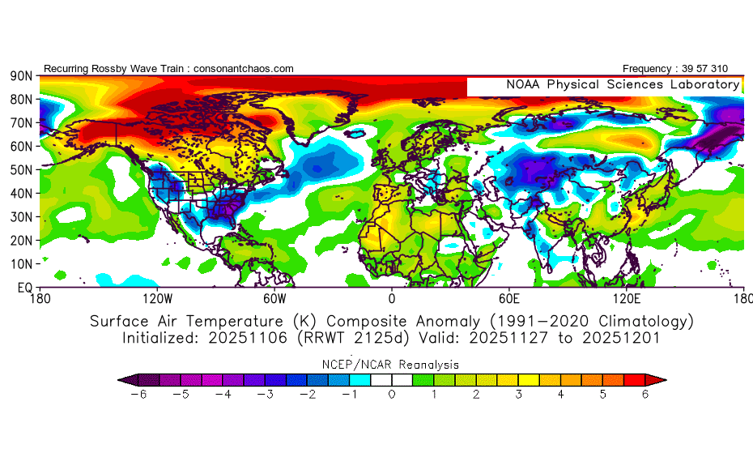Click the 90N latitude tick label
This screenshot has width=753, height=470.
point(20,76)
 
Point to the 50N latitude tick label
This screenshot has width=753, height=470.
point(20,170)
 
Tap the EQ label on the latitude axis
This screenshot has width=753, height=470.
point(23,288)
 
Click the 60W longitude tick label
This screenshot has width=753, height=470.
point(274,297)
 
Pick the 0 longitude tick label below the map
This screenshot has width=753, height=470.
point(392,297)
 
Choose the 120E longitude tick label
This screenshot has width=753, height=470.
point(627,297)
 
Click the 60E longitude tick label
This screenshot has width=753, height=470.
point(508,297)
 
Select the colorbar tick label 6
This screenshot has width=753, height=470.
point(646,395)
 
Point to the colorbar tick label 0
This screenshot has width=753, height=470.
point(392,395)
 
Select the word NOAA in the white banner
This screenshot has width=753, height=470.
point(525,84)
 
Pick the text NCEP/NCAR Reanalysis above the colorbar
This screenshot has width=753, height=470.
point(392,364)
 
